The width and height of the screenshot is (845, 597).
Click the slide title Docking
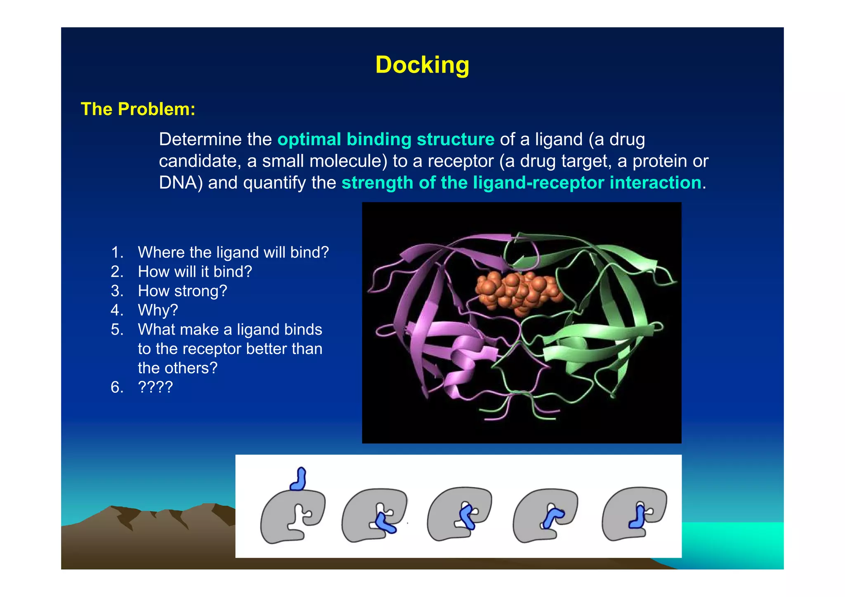422,65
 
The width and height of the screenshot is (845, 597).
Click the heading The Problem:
138,109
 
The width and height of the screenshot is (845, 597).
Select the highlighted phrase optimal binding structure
386,139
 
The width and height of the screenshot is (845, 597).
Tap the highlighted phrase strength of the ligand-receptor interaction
521,183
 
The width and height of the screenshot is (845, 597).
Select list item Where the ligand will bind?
233,252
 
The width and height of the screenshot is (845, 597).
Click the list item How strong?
182,291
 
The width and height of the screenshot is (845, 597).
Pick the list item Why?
158,310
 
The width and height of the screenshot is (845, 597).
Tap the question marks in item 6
155,387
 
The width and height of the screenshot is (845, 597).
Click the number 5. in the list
117,329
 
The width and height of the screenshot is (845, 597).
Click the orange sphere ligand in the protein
518,291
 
